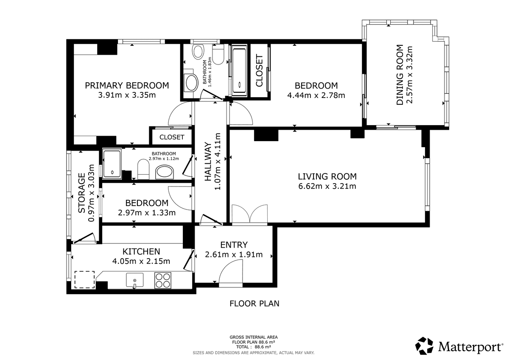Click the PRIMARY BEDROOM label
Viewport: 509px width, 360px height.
[x=127, y=85]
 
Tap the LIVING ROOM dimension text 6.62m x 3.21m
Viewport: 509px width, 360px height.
[x=327, y=186]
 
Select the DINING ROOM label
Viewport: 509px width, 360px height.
[x=400, y=75]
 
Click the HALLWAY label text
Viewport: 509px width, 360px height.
[x=208, y=162]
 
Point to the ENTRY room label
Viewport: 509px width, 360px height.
[x=234, y=245]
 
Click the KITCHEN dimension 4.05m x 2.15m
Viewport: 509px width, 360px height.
[x=141, y=261]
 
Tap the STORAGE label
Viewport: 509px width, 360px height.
[x=81, y=193]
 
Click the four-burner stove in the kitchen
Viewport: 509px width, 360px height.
[x=163, y=281]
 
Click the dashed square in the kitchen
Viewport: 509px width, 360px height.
[x=84, y=279]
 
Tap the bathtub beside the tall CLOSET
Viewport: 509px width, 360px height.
[x=239, y=70]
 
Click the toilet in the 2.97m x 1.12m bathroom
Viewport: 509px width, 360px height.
[x=143, y=170]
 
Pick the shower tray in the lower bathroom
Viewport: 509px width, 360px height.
[x=112, y=164]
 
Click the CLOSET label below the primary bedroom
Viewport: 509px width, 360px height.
[x=172, y=137]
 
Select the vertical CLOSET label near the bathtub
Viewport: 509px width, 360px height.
[x=259, y=70]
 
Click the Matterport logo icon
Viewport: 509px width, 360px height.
[x=424, y=346]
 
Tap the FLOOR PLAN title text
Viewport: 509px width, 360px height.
[x=254, y=304]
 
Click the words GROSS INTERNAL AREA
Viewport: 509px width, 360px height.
[x=254, y=337]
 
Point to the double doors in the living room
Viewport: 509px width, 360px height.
[x=249, y=214]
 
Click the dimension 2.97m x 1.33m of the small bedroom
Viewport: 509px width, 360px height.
[x=147, y=213]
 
